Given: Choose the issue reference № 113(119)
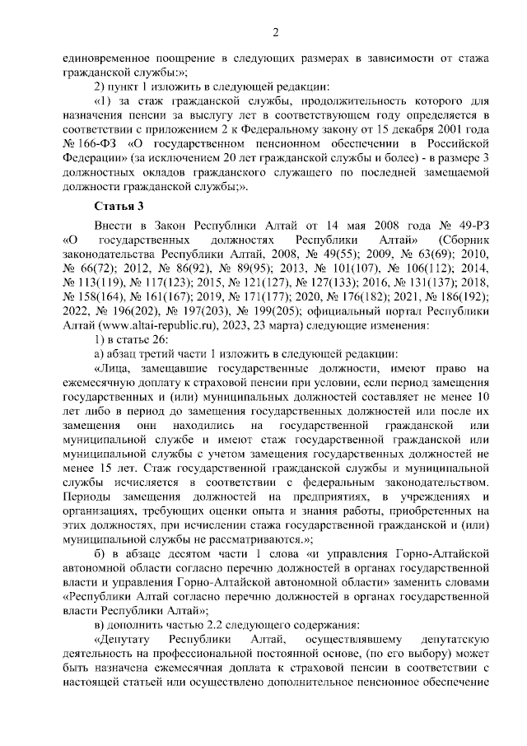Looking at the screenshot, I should (x=92, y=282).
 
